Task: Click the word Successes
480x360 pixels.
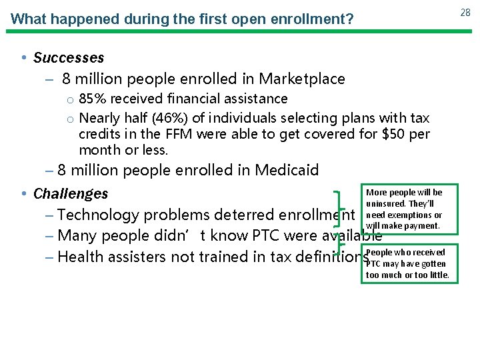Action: point(69,58)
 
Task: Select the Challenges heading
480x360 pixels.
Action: point(71,194)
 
